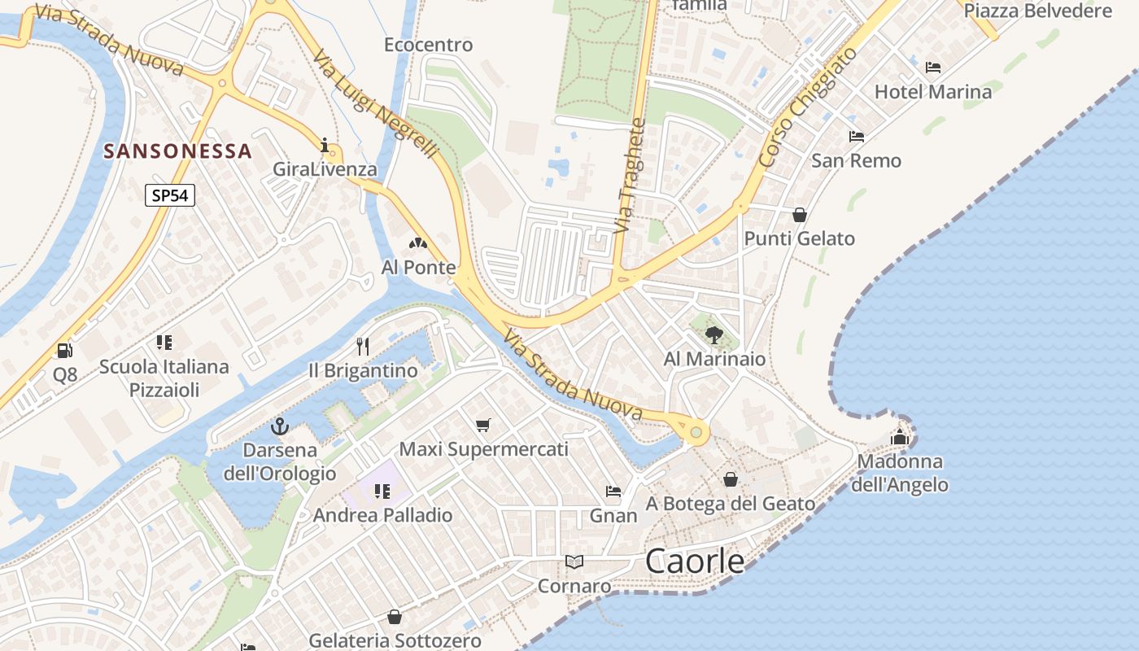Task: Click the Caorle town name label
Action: (x=695, y=561)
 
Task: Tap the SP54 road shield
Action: (x=170, y=195)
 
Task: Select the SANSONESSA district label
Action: (x=178, y=151)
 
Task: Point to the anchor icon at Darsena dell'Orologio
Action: (x=280, y=426)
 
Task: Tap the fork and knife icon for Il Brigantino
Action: (x=363, y=347)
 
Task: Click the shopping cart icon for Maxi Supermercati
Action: (x=483, y=425)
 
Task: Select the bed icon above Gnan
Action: (x=613, y=492)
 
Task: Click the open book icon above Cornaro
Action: (x=574, y=561)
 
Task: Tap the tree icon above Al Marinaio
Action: (x=714, y=334)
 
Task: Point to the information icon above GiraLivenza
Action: (x=325, y=146)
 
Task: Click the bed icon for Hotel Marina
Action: (x=933, y=68)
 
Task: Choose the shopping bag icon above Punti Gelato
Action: (x=800, y=215)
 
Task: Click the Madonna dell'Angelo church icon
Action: (x=899, y=437)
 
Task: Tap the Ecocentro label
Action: (x=428, y=45)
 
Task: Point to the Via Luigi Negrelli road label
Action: (x=376, y=104)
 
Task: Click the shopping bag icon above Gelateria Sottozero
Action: (x=395, y=617)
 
